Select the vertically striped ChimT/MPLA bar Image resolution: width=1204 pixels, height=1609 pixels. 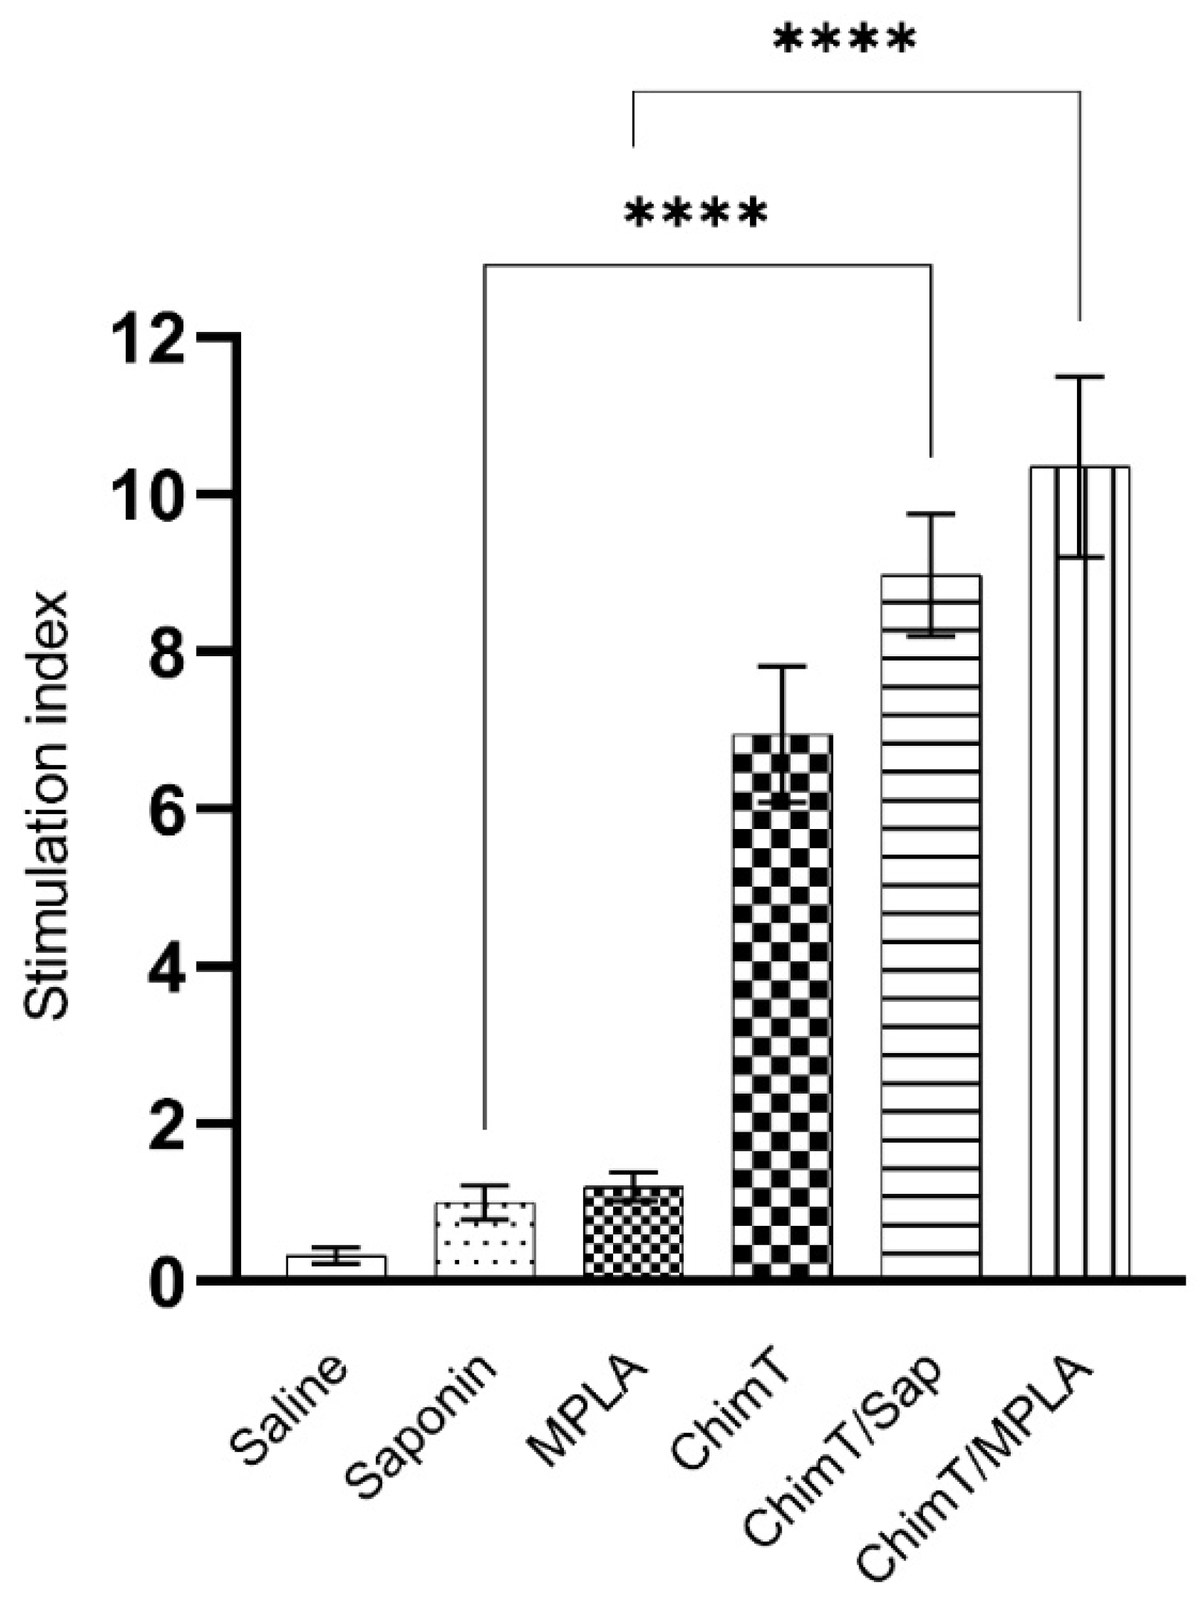click(x=1080, y=873)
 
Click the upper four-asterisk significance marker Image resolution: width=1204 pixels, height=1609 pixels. click(x=844, y=40)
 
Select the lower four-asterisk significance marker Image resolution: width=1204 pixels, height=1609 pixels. click(x=696, y=212)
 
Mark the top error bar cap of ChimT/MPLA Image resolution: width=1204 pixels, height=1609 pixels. click(x=1080, y=377)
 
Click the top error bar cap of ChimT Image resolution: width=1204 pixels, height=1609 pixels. click(x=782, y=665)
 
